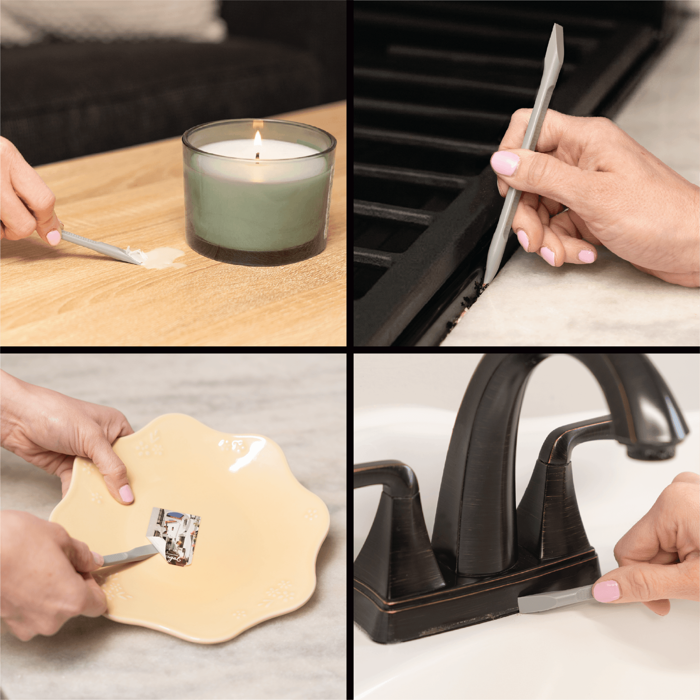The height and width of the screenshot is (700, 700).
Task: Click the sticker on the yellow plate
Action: pos(174,534)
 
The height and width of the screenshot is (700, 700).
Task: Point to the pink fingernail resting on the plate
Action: pos(126,494)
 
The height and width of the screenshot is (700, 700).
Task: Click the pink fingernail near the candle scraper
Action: pos(54,237)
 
